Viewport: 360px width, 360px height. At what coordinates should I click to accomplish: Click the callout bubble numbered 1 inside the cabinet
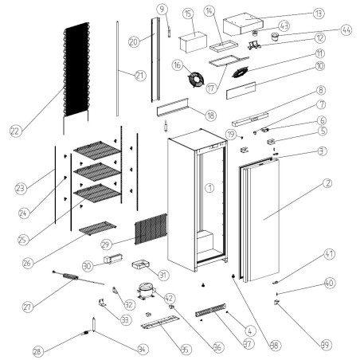click(x=209, y=188)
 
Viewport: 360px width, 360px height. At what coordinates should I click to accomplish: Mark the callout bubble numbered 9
click(x=162, y=10)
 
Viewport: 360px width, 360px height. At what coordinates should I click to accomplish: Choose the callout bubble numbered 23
click(x=22, y=188)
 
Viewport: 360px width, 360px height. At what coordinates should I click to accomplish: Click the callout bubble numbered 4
click(x=250, y=331)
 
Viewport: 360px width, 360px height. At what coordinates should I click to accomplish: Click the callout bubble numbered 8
click(x=321, y=91)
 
